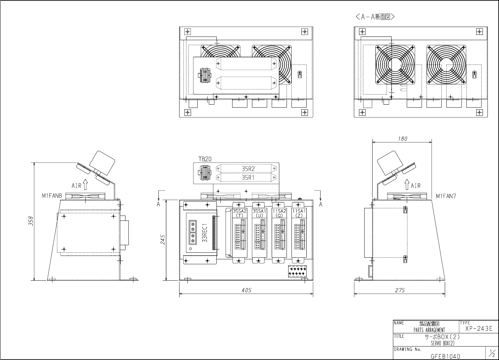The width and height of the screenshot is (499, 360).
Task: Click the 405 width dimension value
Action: click(x=246, y=290)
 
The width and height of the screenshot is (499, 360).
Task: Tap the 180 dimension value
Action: click(x=402, y=139)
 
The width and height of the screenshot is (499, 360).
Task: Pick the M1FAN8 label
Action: click(x=52, y=196)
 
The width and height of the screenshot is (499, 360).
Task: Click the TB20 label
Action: click(x=205, y=159)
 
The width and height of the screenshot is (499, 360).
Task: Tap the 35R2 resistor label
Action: click(x=248, y=168)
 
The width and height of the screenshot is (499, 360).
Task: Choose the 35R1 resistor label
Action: click(x=248, y=178)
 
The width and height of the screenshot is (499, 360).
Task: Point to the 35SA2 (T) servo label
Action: click(x=240, y=213)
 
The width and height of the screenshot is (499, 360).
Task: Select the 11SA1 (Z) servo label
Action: click(x=299, y=213)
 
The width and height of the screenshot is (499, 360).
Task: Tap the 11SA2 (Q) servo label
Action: click(x=279, y=213)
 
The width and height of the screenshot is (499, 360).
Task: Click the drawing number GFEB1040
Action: click(x=445, y=356)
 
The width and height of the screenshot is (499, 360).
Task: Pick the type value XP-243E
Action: click(x=479, y=329)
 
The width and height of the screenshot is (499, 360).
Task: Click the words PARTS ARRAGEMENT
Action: click(x=429, y=330)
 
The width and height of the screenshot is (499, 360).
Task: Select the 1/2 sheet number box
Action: click(x=493, y=353)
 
